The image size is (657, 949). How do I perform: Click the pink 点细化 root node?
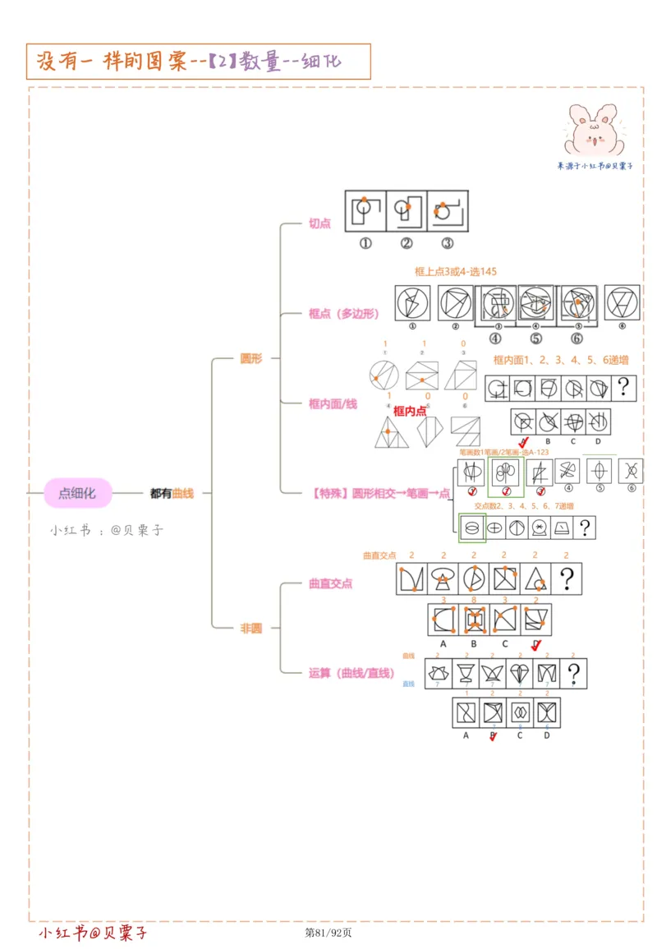click(77, 493)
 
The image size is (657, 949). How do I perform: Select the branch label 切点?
click(319, 223)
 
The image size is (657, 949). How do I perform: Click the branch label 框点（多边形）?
click(344, 313)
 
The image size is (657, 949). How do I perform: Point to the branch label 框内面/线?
click(333, 403)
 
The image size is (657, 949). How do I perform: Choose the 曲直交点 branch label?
click(330, 583)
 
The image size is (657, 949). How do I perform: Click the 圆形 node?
click(250, 359)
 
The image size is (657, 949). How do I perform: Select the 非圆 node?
click(250, 628)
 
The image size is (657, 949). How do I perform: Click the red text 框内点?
click(410, 411)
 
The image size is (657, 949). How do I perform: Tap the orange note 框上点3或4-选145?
click(456, 271)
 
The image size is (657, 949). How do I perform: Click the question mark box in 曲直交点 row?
click(566, 578)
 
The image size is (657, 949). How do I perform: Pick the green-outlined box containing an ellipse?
click(471, 527)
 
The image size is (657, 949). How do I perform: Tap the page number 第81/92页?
click(328, 933)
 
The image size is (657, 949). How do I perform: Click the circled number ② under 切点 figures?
click(406, 243)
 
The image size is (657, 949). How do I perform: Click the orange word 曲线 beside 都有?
click(183, 493)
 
